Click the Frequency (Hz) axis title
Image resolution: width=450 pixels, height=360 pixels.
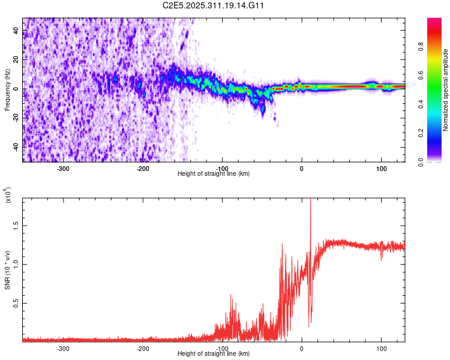[7, 89]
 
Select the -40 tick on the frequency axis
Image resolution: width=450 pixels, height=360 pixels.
[16, 147]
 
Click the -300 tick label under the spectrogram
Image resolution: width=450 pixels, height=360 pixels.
[63, 167]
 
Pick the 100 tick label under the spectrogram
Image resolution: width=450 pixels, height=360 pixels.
[381, 167]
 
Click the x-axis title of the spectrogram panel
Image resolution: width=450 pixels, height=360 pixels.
[214, 173]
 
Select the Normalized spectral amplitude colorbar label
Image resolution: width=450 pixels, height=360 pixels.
[446, 89]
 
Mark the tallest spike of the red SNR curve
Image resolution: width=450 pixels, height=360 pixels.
[310, 202]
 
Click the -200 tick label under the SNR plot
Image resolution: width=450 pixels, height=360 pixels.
[142, 348]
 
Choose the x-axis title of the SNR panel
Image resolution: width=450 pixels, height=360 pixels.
[214, 353]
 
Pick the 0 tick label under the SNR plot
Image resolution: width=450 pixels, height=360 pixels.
[302, 348]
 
